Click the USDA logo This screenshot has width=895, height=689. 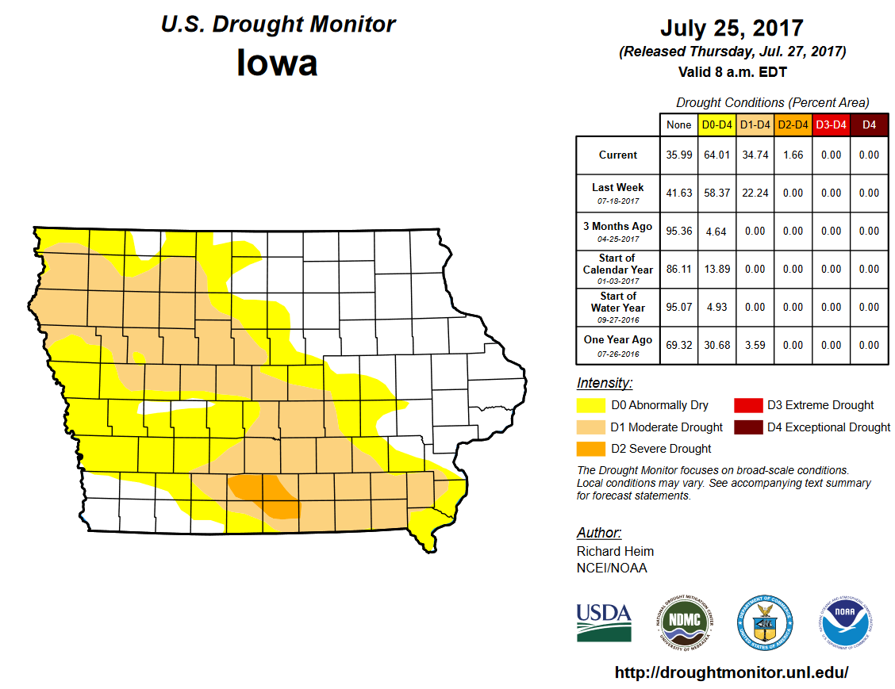point(604,621)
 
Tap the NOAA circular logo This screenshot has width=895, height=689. point(847,621)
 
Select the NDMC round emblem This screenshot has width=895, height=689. point(684,621)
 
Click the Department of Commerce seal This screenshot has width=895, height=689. point(765,621)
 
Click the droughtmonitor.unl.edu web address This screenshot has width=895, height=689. point(732,672)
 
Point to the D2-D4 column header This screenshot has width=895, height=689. point(793,124)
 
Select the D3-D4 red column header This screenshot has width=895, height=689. point(831,124)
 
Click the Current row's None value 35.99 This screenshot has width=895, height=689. point(679,155)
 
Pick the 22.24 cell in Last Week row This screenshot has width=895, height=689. point(755,193)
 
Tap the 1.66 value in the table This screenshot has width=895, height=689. point(793,155)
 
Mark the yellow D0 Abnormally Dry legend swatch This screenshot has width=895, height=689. point(591,405)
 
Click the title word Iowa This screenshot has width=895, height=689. point(277,63)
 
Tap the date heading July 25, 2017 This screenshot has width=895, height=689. point(732,29)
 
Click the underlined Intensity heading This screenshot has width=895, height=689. point(605,383)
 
